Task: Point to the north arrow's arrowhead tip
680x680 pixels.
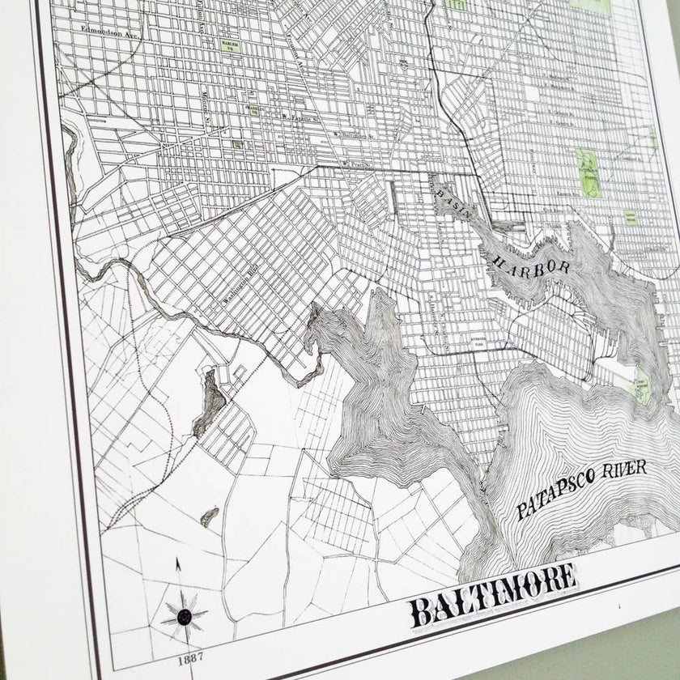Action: tap(178, 559)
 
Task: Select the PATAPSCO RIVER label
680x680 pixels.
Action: tap(583, 488)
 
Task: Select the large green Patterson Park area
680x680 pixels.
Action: tap(589, 172)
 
